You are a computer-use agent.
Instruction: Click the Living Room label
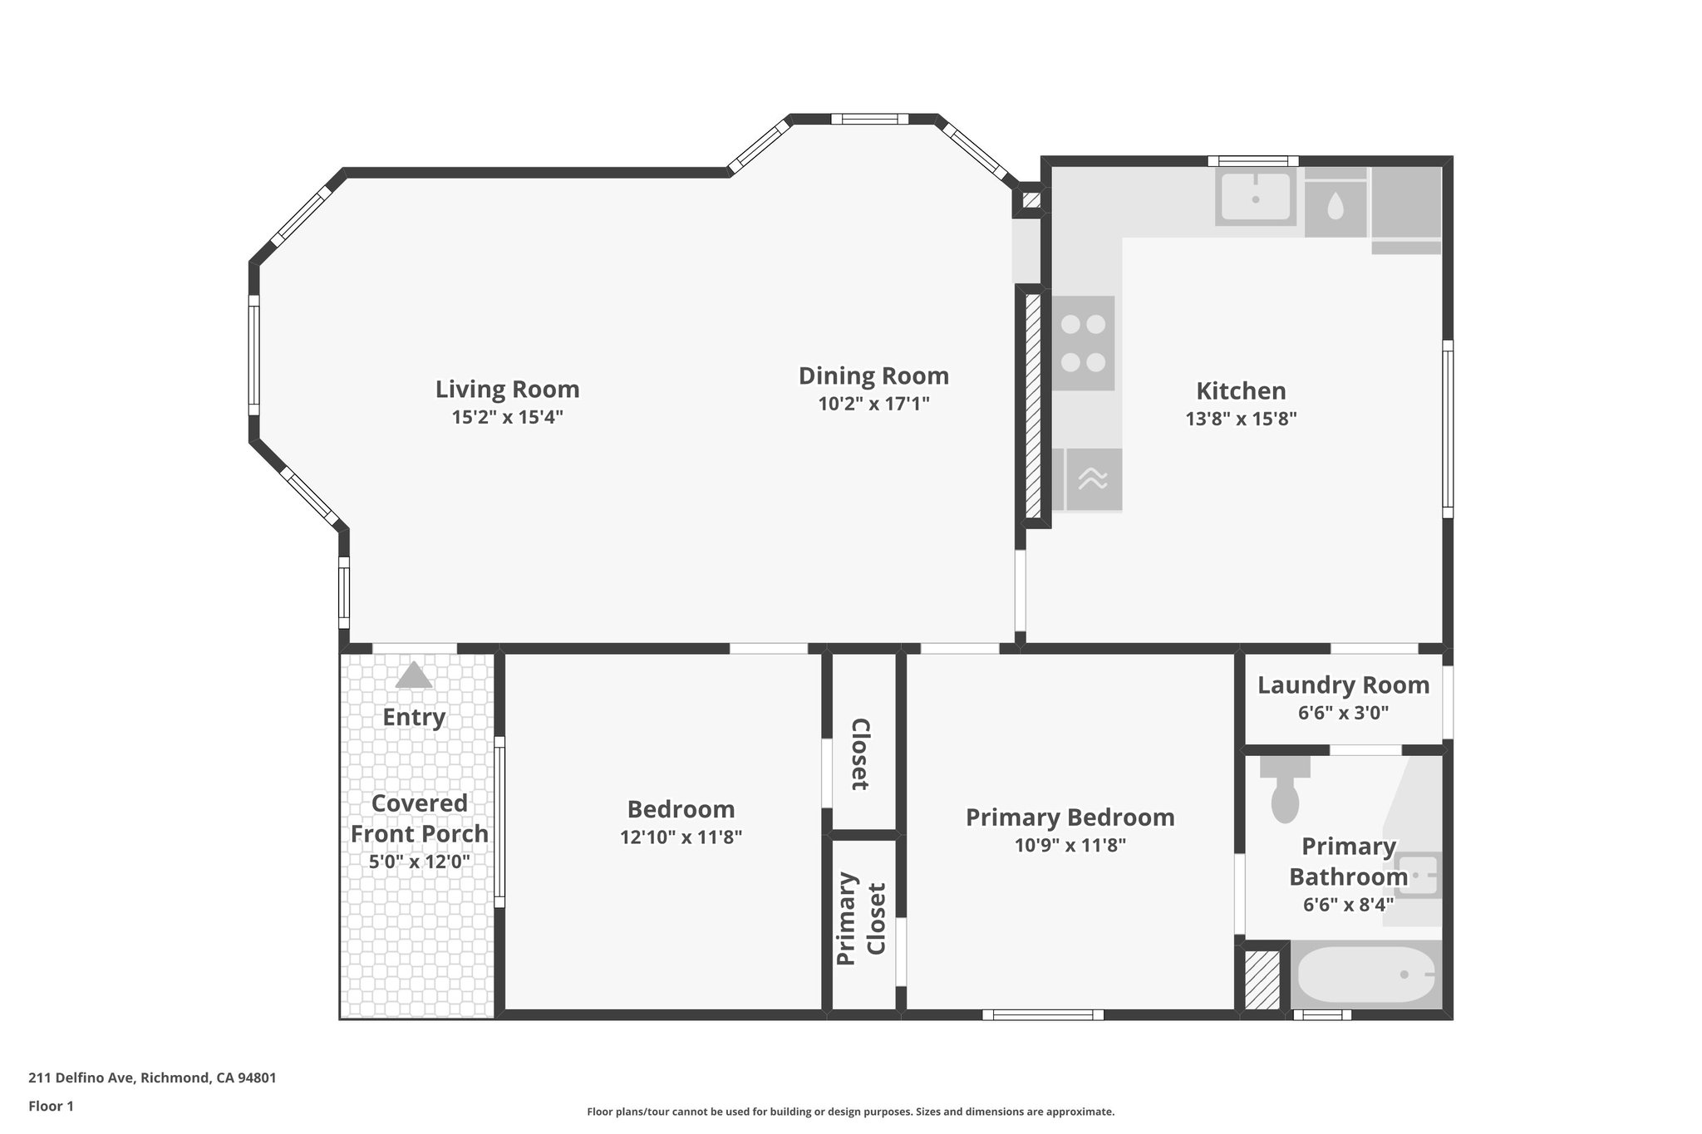click(x=507, y=389)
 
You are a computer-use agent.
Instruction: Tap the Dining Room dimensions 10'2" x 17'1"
click(x=873, y=404)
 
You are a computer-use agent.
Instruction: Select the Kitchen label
click(x=1241, y=390)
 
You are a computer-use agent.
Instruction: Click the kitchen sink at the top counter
click(x=1255, y=197)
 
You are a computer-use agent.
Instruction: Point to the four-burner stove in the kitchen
click(x=1083, y=343)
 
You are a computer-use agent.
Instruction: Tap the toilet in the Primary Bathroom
click(x=1285, y=793)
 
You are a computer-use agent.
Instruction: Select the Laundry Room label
click(x=1343, y=685)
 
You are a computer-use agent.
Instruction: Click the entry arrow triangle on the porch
click(x=414, y=675)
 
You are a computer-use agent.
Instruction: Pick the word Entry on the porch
click(x=414, y=717)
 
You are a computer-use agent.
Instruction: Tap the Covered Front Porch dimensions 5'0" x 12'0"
click(x=420, y=862)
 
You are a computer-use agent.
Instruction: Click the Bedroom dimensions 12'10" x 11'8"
click(x=681, y=837)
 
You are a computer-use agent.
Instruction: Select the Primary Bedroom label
click(x=1070, y=817)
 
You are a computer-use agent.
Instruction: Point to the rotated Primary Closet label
click(x=861, y=919)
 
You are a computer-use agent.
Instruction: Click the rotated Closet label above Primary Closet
click(x=861, y=754)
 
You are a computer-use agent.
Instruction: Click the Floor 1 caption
click(x=51, y=1106)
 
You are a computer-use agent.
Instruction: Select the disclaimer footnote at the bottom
click(x=850, y=1112)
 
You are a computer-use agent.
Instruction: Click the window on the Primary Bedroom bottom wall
click(x=1043, y=1014)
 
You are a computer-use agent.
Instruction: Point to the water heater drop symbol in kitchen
click(x=1335, y=206)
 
